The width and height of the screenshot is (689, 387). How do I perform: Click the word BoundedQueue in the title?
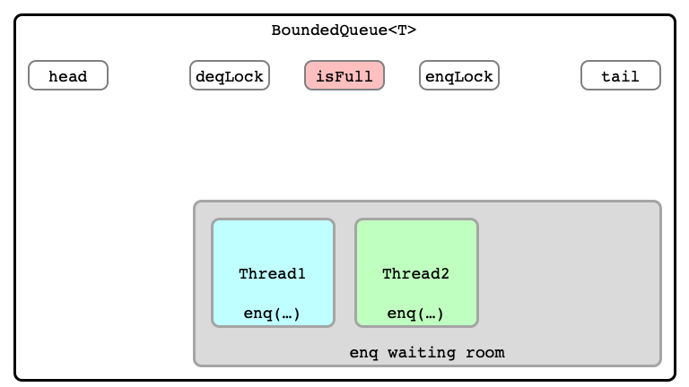coord(329,30)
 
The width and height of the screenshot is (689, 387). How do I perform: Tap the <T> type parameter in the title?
coord(402,30)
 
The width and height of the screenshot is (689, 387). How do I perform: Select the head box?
coord(68,75)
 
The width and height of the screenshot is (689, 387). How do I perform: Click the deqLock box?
coord(230,75)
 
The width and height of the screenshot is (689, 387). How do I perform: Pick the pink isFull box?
coord(344,75)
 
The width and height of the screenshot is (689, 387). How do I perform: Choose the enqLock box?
coord(459,75)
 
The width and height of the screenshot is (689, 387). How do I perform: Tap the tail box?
coord(621,75)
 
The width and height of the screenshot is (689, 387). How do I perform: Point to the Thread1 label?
coord(272,274)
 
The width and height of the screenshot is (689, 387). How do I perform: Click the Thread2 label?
coord(415,274)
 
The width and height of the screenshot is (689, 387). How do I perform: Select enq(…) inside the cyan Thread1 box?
coord(272,314)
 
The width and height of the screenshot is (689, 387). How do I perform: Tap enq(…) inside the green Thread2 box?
coord(415,314)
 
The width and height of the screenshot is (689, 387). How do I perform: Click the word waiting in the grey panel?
coord(422,353)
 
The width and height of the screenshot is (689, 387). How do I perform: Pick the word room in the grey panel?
coord(485,353)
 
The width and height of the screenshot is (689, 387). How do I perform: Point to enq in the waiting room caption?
coord(363,353)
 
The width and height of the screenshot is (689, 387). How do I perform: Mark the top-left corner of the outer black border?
coord(15,15)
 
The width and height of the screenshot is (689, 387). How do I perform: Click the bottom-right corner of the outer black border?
coord(675,380)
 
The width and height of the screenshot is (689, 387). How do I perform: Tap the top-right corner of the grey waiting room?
coord(661,202)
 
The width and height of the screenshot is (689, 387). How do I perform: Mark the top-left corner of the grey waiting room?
coord(194,202)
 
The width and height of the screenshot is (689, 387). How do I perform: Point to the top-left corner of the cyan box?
coord(213,219)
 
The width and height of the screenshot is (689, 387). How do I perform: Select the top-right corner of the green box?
coord(477,219)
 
